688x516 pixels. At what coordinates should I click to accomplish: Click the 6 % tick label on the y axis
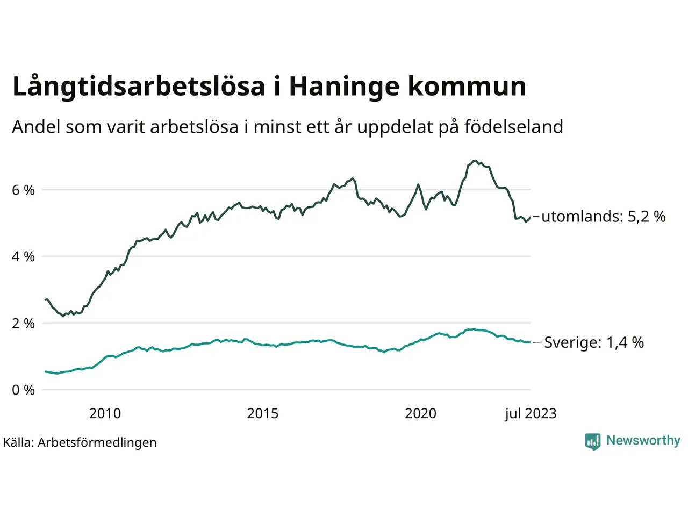(23, 190)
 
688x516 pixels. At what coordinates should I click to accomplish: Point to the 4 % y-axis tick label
(23, 257)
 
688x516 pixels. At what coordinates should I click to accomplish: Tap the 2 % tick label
(23, 324)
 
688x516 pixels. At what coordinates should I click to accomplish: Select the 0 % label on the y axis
(23, 390)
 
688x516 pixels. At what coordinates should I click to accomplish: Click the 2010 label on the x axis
(105, 413)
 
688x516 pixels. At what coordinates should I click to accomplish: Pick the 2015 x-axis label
(263, 413)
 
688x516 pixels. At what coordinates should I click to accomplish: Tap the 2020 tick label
(420, 413)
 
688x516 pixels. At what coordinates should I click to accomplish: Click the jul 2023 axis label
(531, 413)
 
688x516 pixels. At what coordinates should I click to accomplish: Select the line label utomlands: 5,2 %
(603, 217)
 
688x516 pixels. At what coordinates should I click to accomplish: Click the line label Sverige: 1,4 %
(594, 342)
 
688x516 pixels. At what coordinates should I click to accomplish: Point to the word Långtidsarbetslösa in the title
(139, 87)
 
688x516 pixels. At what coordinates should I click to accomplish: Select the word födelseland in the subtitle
(513, 127)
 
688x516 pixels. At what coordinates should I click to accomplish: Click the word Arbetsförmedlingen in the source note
(97, 442)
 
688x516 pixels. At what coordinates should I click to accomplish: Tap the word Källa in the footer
(18, 442)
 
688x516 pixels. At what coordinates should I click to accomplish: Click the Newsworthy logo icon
(593, 441)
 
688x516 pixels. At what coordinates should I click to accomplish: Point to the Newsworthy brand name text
(643, 440)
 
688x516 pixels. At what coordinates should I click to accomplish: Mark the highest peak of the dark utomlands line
(474, 160)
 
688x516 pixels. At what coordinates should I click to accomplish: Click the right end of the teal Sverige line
(530, 342)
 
